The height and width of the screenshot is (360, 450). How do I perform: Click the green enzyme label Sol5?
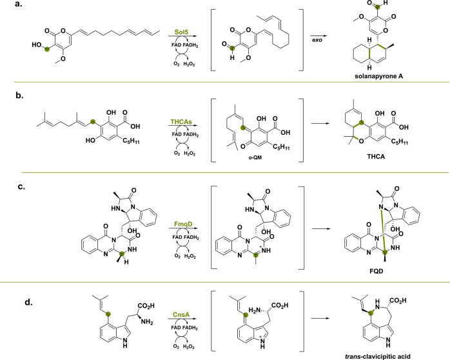click(181, 32)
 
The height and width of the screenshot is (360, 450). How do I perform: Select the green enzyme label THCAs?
click(181, 122)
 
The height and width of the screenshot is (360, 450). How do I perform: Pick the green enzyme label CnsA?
click(181, 315)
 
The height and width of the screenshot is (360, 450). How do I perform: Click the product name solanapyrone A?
click(378, 76)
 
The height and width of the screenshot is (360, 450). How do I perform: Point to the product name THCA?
click(376, 157)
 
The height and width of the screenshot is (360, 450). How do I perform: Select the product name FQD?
click(377, 271)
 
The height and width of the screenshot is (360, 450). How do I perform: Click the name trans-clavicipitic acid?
click(377, 357)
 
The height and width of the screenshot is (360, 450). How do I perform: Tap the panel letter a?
click(19, 4)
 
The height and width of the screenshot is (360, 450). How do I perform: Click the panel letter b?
click(19, 95)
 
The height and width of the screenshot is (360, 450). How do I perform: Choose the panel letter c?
click(21, 186)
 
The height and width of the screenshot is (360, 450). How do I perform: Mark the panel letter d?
click(29, 302)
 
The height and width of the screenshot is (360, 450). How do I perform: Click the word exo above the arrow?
click(317, 40)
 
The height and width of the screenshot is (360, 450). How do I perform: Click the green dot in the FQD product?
click(385, 252)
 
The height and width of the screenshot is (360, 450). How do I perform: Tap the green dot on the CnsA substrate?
click(108, 314)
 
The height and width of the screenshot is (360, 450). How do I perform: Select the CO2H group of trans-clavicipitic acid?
click(398, 301)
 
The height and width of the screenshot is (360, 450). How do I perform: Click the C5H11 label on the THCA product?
click(399, 141)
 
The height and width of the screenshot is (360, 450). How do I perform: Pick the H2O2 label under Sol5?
click(189, 64)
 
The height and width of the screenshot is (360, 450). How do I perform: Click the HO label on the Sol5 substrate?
click(37, 45)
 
